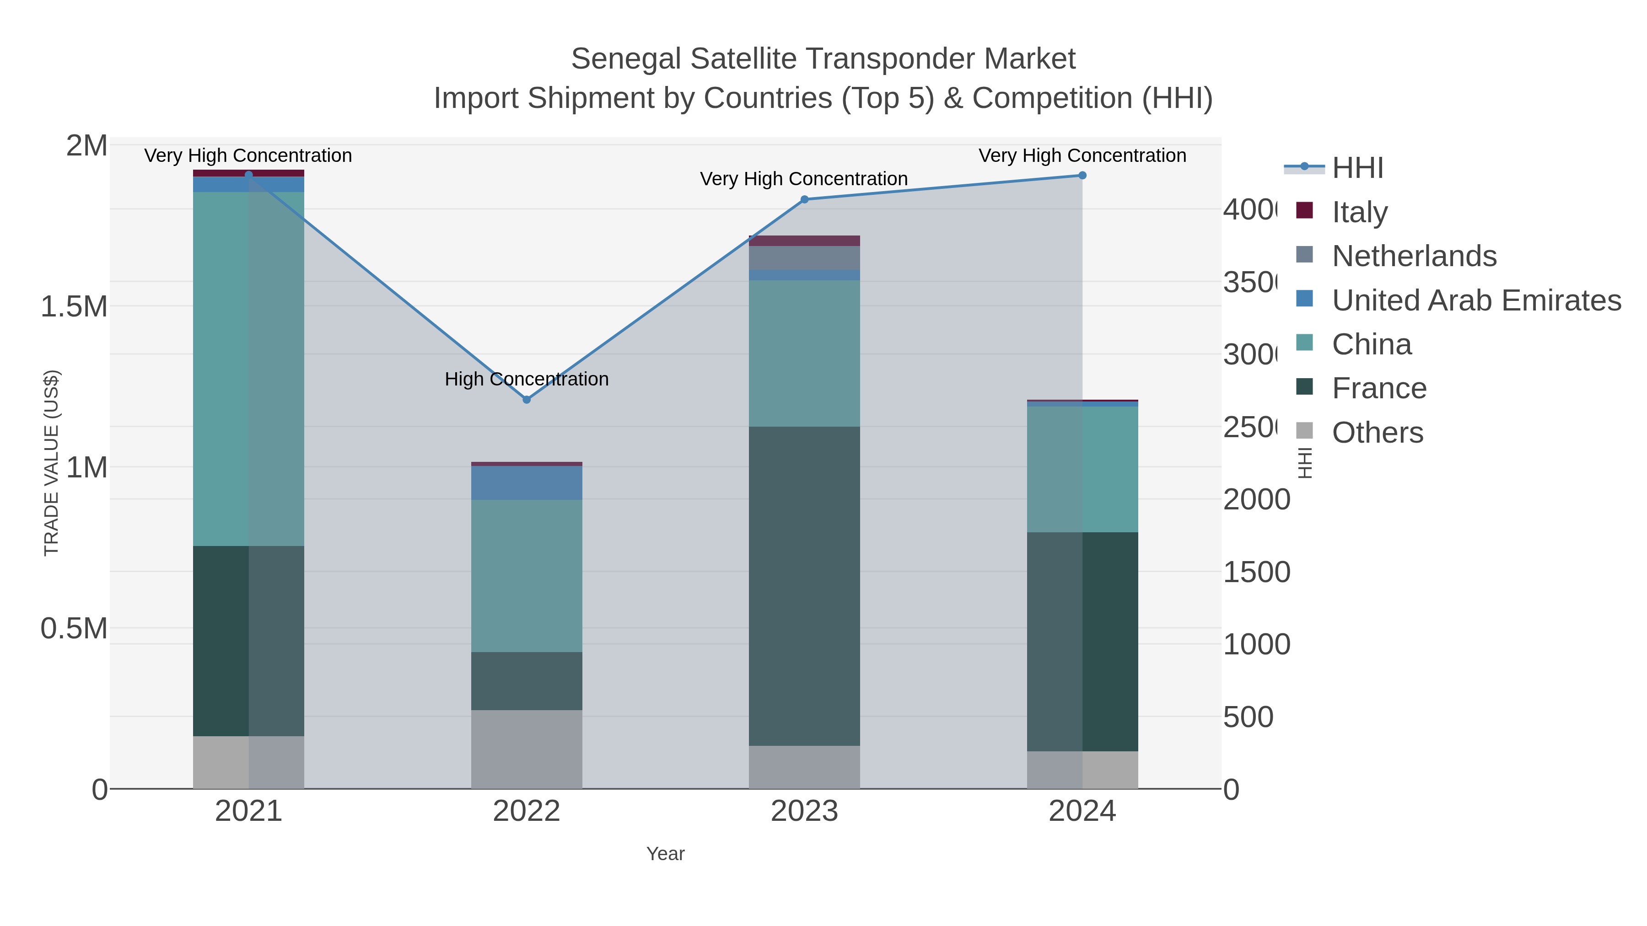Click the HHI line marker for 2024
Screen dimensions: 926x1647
pos(1082,175)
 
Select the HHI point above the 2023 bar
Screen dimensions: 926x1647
pos(804,199)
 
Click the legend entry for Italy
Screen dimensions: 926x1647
pos(1359,212)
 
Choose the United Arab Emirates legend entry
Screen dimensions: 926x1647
pos(1475,300)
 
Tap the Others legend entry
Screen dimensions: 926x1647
pos(1377,433)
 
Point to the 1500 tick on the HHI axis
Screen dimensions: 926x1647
pos(1256,572)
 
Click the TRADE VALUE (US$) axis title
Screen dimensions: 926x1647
pos(51,463)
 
